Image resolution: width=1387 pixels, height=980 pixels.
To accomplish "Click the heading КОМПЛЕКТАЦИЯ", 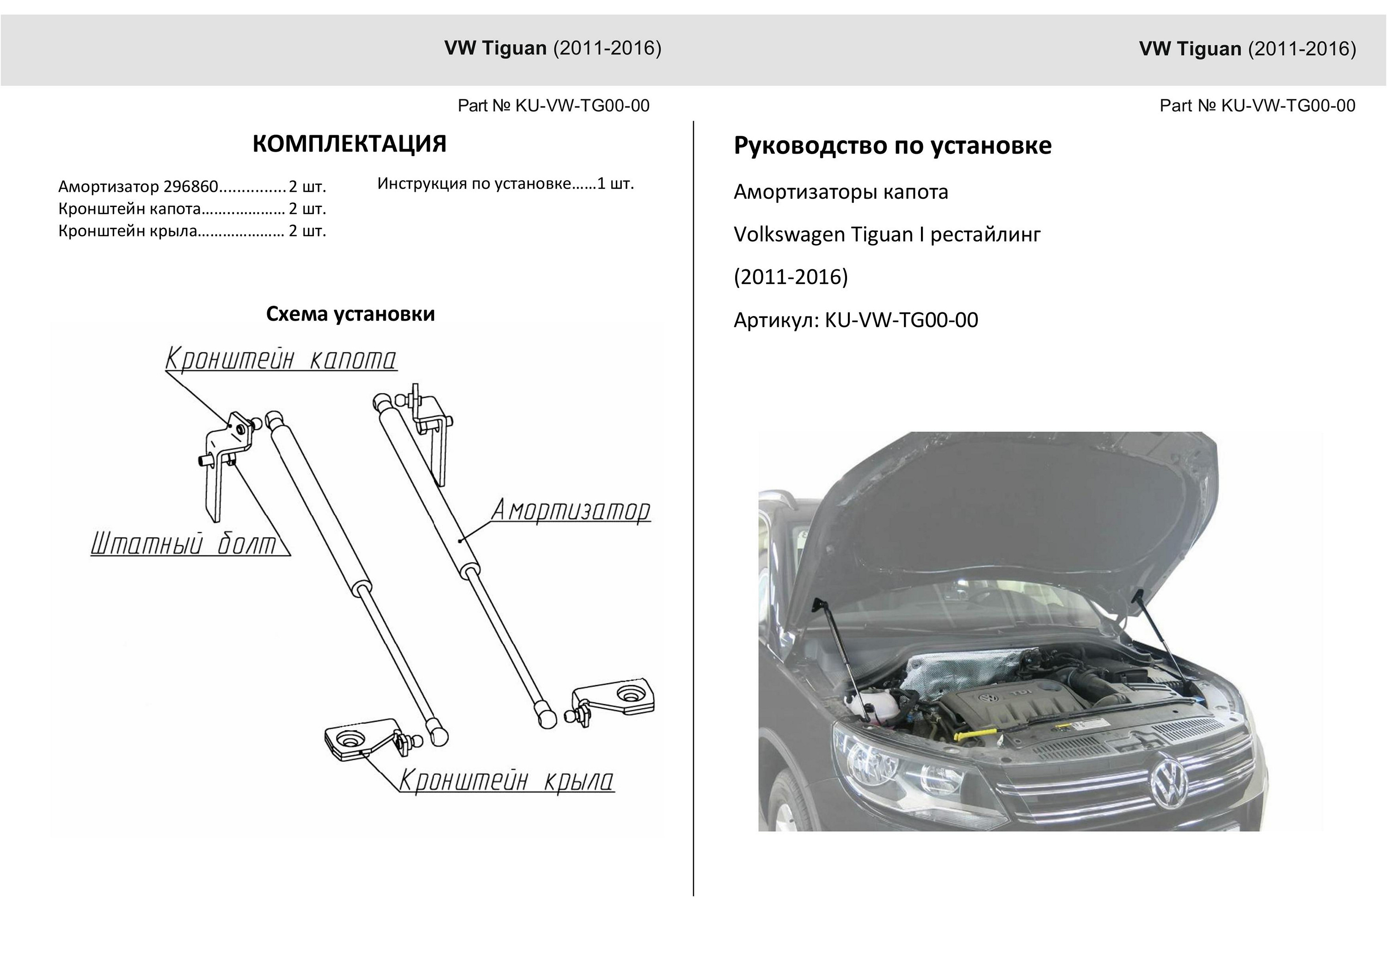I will click(x=349, y=144).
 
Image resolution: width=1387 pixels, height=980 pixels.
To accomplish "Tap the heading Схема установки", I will click(x=350, y=314).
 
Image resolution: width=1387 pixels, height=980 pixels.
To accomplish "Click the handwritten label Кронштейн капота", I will click(x=281, y=359).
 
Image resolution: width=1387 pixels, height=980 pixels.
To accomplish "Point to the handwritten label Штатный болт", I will click(x=184, y=543).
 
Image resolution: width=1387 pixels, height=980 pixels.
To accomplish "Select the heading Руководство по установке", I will click(x=892, y=146).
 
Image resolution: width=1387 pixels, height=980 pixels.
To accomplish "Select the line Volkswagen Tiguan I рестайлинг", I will click(x=887, y=234).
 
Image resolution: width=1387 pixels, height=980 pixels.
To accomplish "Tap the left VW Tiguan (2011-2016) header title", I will click(x=553, y=49).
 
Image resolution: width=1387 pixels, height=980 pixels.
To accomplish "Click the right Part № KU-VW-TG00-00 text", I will click(x=1257, y=106).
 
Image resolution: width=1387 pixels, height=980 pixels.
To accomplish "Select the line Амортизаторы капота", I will click(x=841, y=192).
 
